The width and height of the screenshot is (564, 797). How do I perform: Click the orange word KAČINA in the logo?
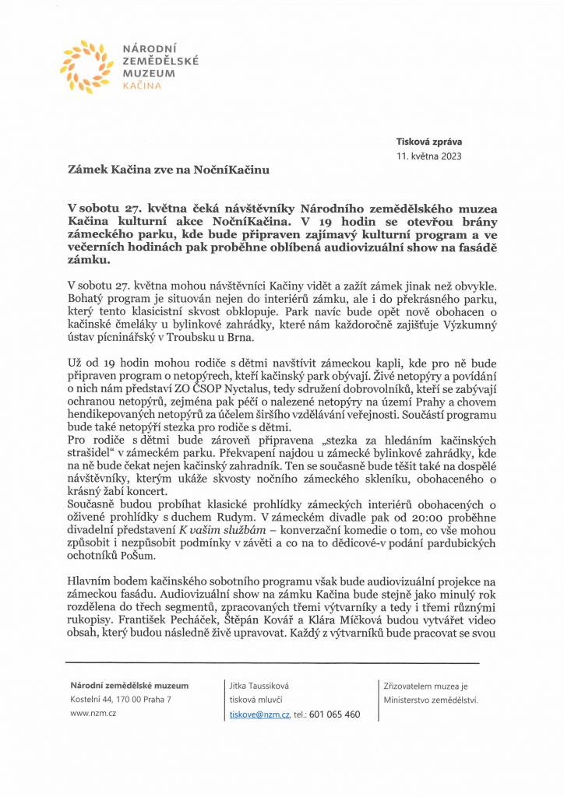click(143, 86)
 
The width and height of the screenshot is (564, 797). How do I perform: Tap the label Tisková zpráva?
click(430, 142)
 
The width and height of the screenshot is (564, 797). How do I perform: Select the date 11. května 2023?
click(429, 156)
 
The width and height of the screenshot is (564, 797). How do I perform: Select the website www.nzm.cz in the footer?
click(88, 713)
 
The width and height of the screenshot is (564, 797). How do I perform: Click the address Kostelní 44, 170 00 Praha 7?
click(121, 699)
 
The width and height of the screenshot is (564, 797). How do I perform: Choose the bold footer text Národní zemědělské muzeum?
click(129, 685)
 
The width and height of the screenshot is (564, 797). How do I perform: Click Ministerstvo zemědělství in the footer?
click(430, 699)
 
